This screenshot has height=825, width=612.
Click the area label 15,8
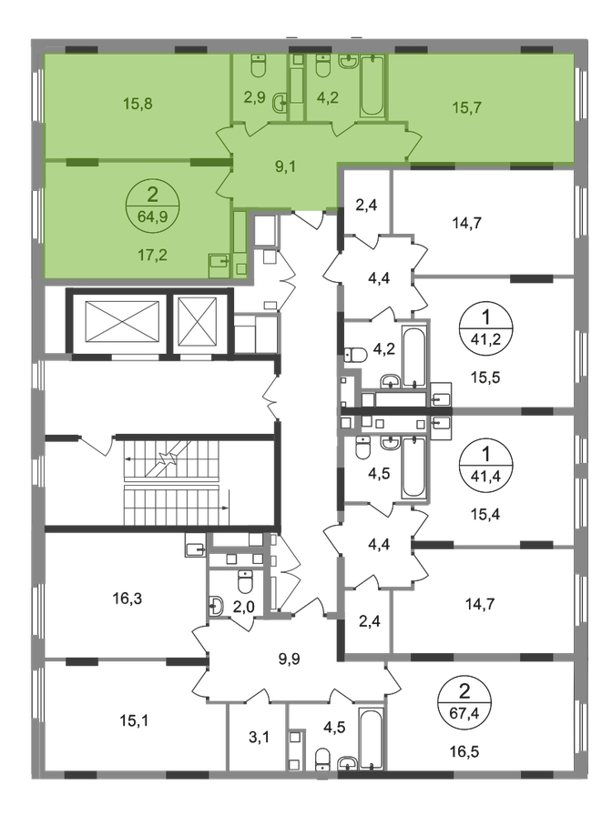click(138, 103)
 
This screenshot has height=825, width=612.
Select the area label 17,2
click(152, 256)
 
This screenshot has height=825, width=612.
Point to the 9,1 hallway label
click(285, 166)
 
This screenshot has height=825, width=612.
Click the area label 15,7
click(466, 108)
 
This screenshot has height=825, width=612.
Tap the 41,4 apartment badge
click(485, 465)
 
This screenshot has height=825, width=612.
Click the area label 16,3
click(127, 599)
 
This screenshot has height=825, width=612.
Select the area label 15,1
click(134, 720)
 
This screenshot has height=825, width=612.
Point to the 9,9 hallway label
click(289, 659)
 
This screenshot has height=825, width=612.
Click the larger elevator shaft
click(121, 323)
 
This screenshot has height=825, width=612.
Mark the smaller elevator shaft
click(198, 323)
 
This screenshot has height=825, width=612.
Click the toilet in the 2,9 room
click(258, 66)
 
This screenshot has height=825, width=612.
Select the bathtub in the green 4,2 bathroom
click(372, 86)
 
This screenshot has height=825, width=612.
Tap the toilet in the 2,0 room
click(245, 582)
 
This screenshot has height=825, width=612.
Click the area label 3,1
click(259, 737)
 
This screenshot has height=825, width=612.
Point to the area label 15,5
click(485, 377)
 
